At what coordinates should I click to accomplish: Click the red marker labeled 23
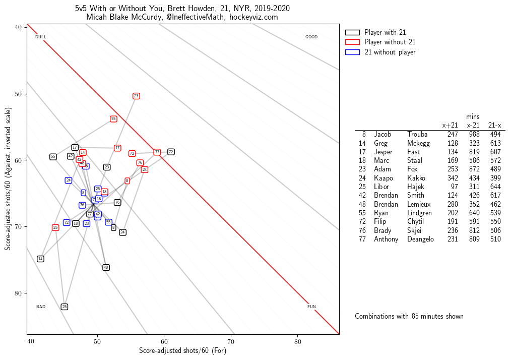click(x=136, y=96)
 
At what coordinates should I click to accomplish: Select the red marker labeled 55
click(x=113, y=119)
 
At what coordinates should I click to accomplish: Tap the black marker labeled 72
click(x=171, y=152)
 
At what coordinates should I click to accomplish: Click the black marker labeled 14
click(x=40, y=259)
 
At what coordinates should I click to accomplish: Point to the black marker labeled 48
click(x=106, y=267)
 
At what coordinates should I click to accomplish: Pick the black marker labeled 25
click(x=65, y=307)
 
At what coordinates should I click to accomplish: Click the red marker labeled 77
click(x=157, y=152)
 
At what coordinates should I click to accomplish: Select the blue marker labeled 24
click(x=69, y=180)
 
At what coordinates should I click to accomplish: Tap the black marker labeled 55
click(x=53, y=157)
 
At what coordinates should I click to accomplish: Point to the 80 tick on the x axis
click(x=297, y=341)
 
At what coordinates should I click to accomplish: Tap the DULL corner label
click(x=41, y=37)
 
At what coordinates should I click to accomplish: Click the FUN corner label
click(x=311, y=307)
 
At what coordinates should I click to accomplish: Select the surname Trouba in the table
click(x=417, y=135)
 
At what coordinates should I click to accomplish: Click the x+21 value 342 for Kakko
click(x=453, y=178)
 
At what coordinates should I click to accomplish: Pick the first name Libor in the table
click(x=382, y=187)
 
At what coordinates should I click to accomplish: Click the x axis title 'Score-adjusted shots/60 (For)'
click(x=183, y=351)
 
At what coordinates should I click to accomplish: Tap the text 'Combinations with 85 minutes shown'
click(x=409, y=316)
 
